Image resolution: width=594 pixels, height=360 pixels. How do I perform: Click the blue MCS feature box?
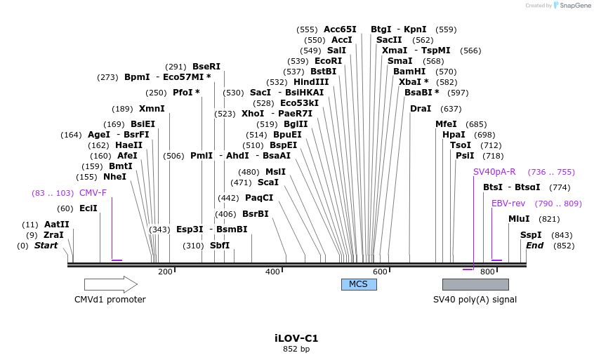coord(359,284)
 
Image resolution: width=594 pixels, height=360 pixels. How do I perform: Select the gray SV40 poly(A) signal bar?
coord(475,284)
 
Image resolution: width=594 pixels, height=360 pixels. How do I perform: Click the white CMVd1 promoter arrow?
coord(110,284)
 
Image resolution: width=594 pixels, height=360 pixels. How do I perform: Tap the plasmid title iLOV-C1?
coord(296,338)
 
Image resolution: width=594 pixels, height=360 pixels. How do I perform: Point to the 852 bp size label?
coord(296,349)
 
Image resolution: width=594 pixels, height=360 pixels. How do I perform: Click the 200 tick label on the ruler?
coord(165,272)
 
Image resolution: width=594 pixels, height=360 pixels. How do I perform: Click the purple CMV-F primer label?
coord(93,192)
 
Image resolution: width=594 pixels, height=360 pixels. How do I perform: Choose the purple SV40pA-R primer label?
coord(494,171)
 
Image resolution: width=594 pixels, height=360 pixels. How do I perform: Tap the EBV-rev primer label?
coord(508,203)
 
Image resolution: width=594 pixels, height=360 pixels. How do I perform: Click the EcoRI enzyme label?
coord(328,61)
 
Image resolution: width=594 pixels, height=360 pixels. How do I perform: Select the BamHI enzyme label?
coord(409,72)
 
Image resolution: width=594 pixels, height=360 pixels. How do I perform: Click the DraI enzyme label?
coord(421,109)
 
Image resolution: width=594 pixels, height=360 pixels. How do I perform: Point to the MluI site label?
coord(519,219)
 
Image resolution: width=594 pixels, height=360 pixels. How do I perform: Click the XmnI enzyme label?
coord(152,109)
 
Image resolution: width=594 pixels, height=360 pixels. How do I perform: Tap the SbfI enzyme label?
coord(220,246)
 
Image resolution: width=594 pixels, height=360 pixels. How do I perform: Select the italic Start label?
coord(46,246)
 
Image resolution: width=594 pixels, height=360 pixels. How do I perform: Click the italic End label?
coord(535,246)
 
